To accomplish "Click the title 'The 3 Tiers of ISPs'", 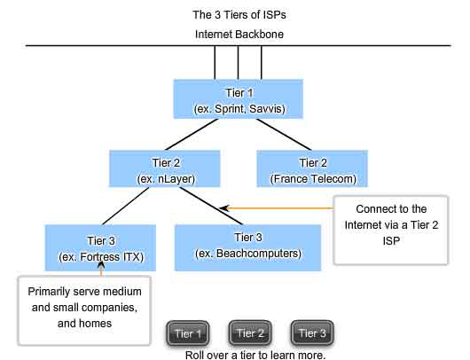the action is (x=239, y=15).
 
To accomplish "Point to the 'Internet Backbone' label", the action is (x=239, y=35).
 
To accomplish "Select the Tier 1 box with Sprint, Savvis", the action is (x=239, y=99).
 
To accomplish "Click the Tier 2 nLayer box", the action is (x=165, y=168).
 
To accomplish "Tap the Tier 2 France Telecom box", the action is (x=312, y=168).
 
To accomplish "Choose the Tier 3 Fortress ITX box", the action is (x=100, y=248).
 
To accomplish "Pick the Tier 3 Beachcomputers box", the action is (x=248, y=248).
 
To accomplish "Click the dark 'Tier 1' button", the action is (x=188, y=333).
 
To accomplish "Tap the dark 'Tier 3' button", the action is (x=312, y=333).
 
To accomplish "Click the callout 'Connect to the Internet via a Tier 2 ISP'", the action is (x=391, y=231).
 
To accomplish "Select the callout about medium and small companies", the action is (x=84, y=310).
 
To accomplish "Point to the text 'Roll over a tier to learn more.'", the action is (x=255, y=356).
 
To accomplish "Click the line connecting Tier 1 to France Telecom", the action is (x=284, y=135).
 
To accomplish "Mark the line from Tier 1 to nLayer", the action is (x=192, y=135).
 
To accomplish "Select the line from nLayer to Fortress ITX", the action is (x=126, y=206).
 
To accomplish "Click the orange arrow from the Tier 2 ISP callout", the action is (x=277, y=208).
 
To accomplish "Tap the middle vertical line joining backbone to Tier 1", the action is (x=238, y=63).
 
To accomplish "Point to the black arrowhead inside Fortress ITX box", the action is (x=101, y=264).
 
